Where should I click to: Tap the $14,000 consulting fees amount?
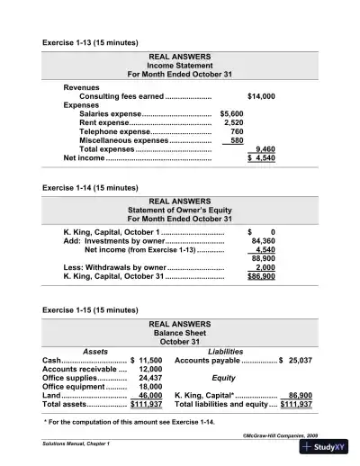coord(261,95)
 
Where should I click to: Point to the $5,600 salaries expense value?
coord(231,114)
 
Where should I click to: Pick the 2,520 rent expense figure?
coord(233,123)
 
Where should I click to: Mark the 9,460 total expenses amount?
coord(265,149)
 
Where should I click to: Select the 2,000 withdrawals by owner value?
coord(265,268)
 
